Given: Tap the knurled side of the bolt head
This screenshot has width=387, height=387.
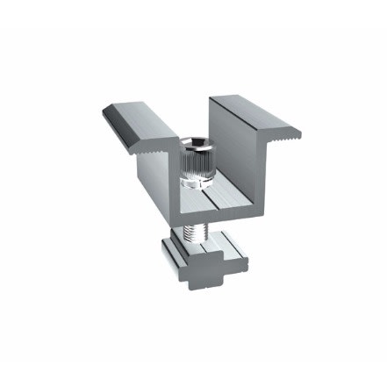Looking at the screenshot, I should tap(195, 161).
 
